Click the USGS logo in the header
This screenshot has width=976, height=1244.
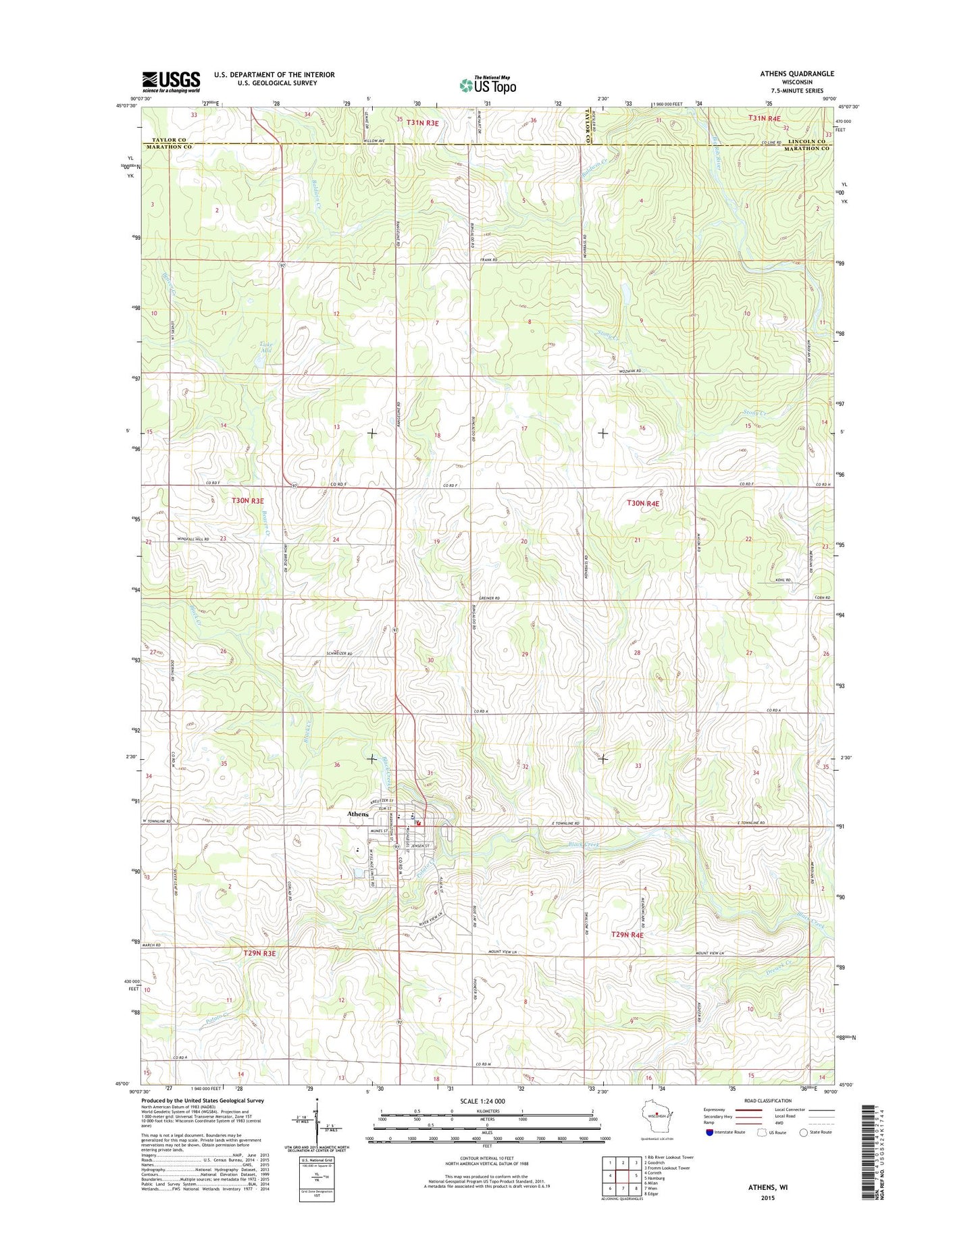[171, 82]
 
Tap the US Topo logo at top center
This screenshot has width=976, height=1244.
[488, 85]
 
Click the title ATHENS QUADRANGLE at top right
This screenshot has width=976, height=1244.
[797, 74]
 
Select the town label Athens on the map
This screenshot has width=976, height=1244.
[358, 814]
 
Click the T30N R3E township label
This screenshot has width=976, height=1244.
[248, 500]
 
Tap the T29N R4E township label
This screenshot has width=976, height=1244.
[627, 935]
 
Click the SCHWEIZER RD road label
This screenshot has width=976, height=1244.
[339, 654]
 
